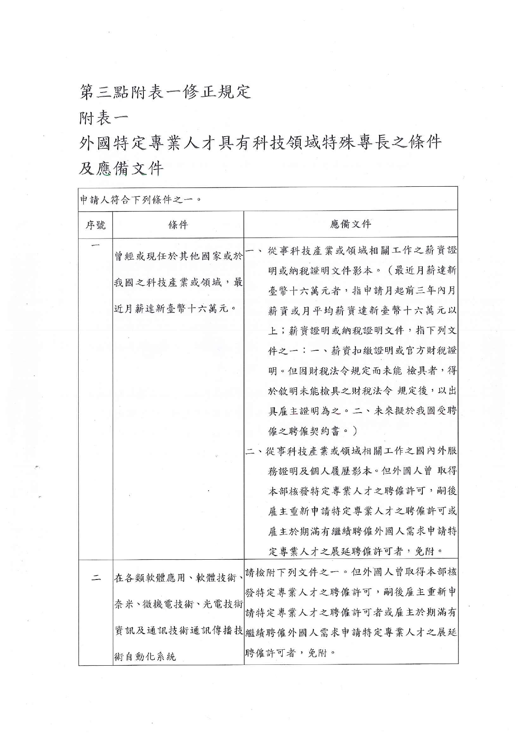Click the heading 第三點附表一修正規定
(x=165, y=92)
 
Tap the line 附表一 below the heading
(x=103, y=118)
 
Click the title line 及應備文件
(x=121, y=169)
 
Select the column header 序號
(x=95, y=225)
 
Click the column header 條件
(x=178, y=225)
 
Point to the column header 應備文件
(x=350, y=224)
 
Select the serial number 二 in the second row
(x=96, y=578)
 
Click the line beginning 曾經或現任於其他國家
(x=178, y=256)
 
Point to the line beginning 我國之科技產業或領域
(x=178, y=282)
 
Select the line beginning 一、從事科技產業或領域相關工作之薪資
(x=351, y=251)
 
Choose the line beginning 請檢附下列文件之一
(x=350, y=572)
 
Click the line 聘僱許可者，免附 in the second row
(x=290, y=653)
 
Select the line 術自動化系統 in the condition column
(x=145, y=656)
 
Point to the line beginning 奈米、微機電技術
(x=178, y=604)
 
